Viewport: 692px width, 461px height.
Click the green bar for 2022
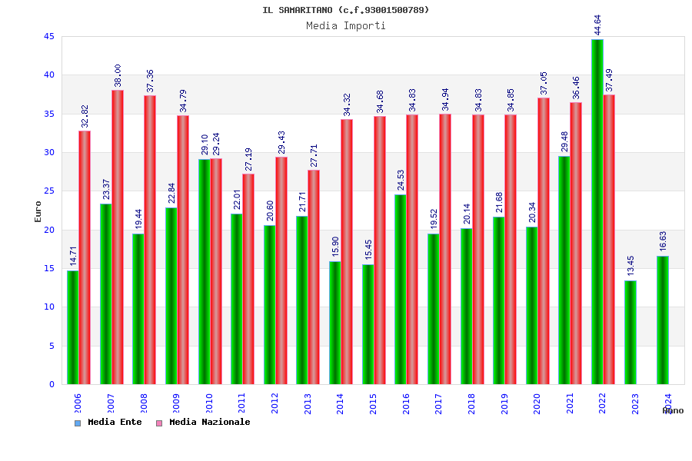597,211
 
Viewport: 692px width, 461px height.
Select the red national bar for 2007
118,237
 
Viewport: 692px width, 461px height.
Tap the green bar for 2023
630,332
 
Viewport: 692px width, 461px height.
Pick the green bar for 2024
663,320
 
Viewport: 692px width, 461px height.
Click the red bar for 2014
347,251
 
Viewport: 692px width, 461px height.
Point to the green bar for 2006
72,327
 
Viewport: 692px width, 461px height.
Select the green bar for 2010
204,271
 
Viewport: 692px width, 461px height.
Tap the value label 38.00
118,75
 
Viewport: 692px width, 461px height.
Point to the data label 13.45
630,266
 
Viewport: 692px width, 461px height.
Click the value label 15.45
368,250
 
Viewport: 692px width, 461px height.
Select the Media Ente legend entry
108,422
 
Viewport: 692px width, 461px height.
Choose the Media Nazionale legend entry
203,422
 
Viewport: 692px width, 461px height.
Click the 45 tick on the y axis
49,37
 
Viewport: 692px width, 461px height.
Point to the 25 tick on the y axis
49,191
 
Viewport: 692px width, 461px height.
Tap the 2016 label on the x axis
406,404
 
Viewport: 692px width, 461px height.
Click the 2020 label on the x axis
537,404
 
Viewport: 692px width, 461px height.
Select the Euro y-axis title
38,211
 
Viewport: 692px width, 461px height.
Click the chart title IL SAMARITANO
346,10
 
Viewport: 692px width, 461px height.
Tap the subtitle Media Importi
346,25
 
